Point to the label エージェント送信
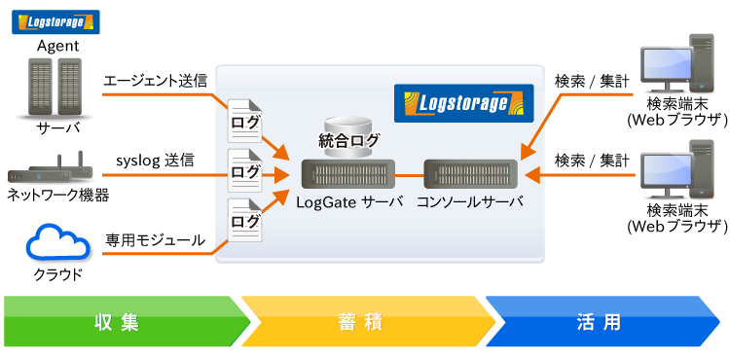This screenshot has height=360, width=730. point(155,81)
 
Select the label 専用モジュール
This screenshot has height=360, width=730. point(156,238)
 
